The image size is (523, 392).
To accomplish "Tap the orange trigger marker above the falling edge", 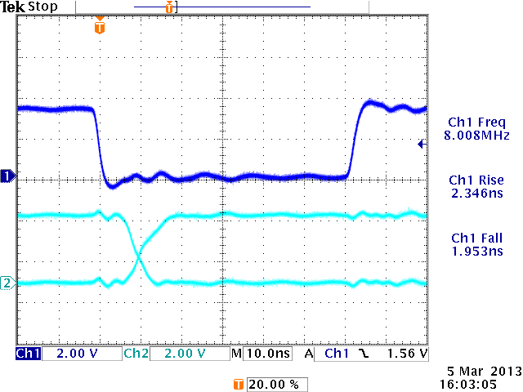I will (100, 27).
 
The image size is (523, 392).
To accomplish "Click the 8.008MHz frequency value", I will (476, 135).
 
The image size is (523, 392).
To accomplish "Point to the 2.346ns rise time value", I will (476, 194).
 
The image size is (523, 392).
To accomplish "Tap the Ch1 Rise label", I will (476, 180).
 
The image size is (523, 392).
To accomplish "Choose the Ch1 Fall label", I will (476, 238).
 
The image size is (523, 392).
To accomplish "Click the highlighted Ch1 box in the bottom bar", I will (27, 354).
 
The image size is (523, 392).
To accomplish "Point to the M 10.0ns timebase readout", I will (260, 354).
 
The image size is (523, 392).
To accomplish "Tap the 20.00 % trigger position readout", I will (267, 383).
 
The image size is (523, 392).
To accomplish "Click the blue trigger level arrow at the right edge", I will (420, 145).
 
